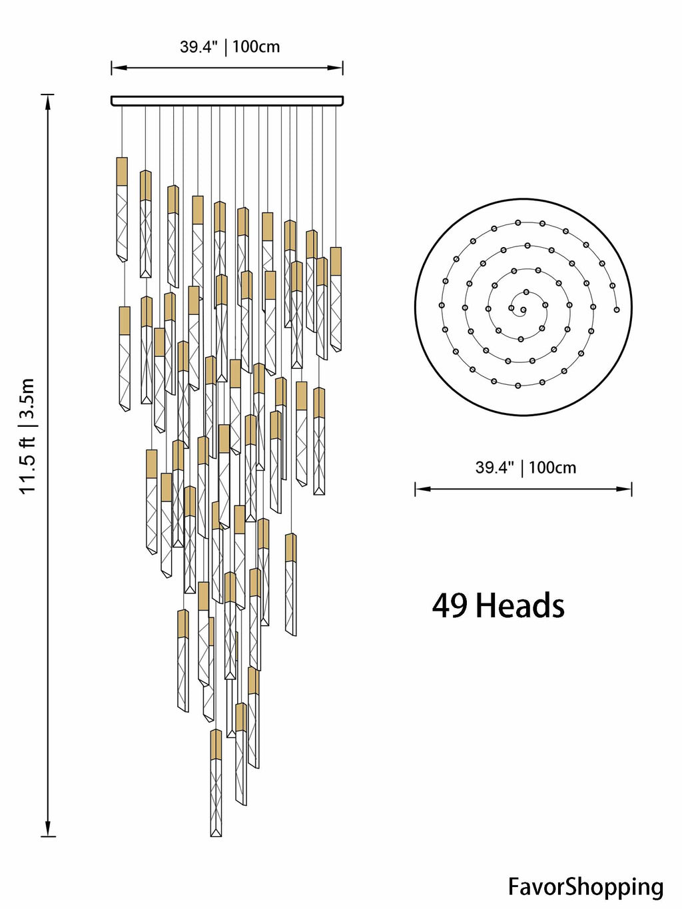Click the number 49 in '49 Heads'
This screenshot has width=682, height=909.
click(x=450, y=606)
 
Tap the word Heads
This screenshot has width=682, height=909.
click(x=520, y=606)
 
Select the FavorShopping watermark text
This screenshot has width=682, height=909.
click(x=585, y=886)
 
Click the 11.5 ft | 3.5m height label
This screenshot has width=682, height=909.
click(x=27, y=436)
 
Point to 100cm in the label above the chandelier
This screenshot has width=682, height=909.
click(x=256, y=47)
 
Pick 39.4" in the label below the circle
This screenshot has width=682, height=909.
click(x=494, y=467)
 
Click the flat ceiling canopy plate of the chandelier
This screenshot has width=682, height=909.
click(x=227, y=101)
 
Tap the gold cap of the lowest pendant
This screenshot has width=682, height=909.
click(x=216, y=745)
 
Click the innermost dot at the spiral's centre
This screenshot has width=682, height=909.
click(x=523, y=310)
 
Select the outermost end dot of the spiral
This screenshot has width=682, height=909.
click(x=616, y=310)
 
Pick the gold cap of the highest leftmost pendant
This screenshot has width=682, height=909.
click(x=122, y=171)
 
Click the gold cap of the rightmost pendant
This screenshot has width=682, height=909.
click(x=336, y=261)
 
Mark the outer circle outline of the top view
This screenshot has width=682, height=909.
click(x=416, y=308)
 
